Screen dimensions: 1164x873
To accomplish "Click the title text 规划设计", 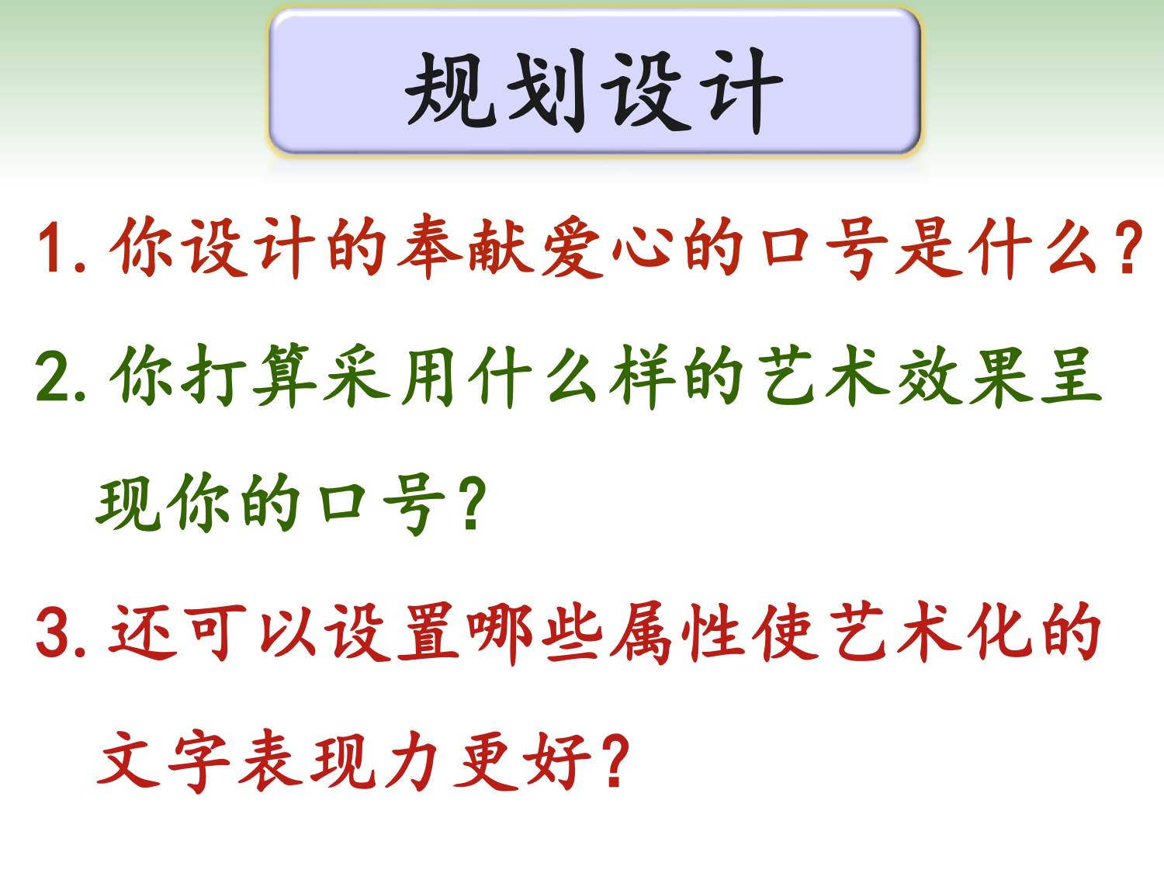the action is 594,91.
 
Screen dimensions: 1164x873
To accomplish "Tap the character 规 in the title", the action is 451,90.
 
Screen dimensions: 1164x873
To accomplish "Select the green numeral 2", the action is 53,376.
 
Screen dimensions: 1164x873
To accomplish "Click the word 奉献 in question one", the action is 466,247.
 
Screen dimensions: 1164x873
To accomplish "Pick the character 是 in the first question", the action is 929,247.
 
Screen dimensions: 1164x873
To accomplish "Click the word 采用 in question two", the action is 390,376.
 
